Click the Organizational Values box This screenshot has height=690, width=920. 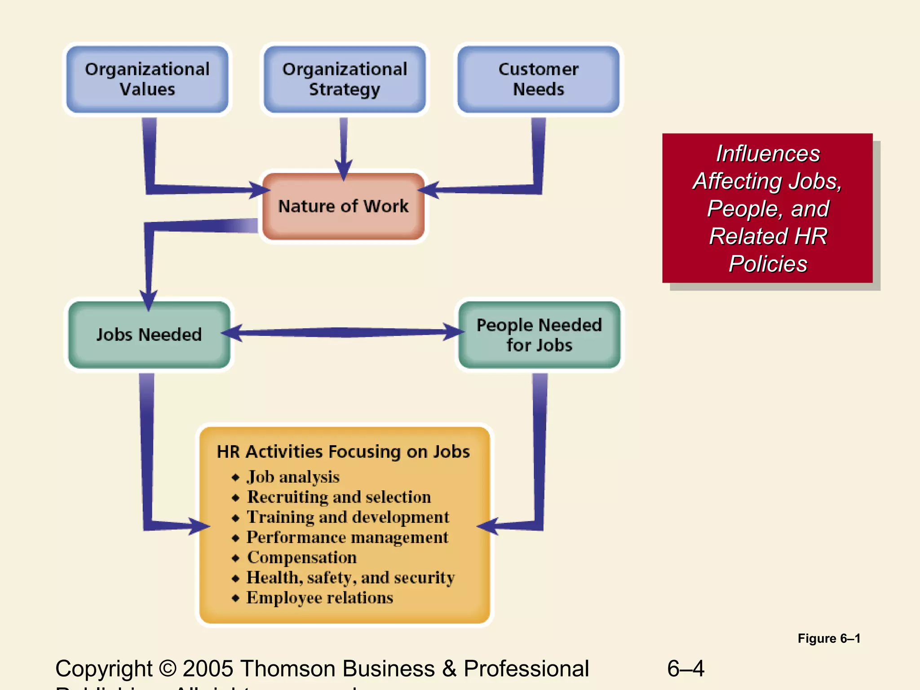[x=147, y=80]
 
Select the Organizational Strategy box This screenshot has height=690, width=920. [x=345, y=80]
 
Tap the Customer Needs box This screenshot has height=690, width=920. [x=538, y=80]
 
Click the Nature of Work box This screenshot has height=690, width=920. [x=344, y=206]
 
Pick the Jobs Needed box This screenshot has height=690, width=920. [x=149, y=335]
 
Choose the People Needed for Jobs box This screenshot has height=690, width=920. [x=539, y=335]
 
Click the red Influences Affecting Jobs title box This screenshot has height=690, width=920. [x=767, y=208]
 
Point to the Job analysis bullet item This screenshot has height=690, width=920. [x=293, y=477]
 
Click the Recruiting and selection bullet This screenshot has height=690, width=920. [x=339, y=497]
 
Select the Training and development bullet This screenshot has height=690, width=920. [x=348, y=517]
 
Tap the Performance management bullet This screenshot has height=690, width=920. [x=347, y=537]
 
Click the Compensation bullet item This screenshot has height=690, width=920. [x=301, y=557]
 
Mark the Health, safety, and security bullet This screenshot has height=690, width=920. [x=350, y=578]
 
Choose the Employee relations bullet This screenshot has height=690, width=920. [x=319, y=598]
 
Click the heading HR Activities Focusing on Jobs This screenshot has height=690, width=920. [x=343, y=451]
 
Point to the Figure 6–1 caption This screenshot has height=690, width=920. [x=829, y=638]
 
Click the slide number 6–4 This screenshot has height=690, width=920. [x=686, y=668]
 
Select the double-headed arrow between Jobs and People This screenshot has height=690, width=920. [x=344, y=332]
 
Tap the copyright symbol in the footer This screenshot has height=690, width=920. [x=168, y=668]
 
